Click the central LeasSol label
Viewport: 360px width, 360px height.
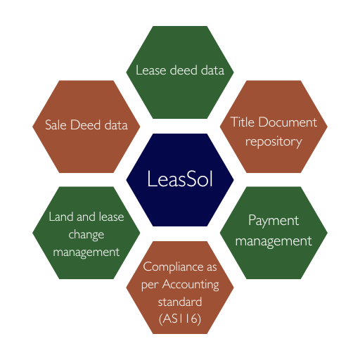tap(180, 179)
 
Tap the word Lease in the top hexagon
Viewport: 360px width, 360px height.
tap(151, 70)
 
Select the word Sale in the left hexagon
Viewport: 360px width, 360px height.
tap(56, 124)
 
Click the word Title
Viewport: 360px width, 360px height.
tap(243, 122)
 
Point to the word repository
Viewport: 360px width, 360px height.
tap(274, 142)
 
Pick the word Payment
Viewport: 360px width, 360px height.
tap(274, 221)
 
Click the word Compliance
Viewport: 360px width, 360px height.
tap(174, 267)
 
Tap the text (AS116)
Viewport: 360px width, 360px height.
tap(180, 319)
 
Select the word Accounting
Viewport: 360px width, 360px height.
tap(191, 285)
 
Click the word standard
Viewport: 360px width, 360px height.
tap(180, 302)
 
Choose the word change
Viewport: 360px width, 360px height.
tap(86, 235)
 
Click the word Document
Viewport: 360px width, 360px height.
tap(288, 122)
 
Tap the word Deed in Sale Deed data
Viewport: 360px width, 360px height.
tap(85, 124)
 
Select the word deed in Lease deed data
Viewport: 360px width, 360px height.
tap(184, 70)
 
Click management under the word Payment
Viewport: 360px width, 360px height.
tap(274, 241)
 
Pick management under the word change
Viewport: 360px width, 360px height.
tap(86, 252)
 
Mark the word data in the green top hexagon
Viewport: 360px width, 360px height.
tap(212, 70)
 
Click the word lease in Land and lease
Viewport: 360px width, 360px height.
tap(111, 217)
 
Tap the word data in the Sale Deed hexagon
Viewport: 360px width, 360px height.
tap(116, 124)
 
